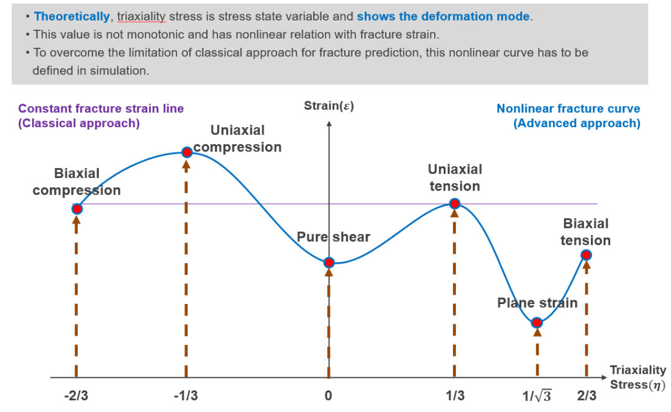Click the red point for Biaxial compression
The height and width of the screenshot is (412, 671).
[76, 208]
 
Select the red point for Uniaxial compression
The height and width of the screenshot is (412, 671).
[186, 152]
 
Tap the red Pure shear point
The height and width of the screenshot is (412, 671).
[329, 262]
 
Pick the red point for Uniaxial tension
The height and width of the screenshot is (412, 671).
[455, 204]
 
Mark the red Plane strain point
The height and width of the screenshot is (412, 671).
[537, 323]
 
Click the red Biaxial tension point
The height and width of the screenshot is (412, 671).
[586, 254]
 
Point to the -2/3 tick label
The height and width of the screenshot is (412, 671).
[76, 395]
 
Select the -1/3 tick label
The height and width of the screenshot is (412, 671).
[186, 395]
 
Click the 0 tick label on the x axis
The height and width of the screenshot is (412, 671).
[329, 395]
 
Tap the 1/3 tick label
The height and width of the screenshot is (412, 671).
[455, 395]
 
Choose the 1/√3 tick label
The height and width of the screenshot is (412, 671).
[537, 395]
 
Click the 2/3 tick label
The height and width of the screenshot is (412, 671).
[586, 395]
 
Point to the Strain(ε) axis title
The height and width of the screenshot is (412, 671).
[329, 105]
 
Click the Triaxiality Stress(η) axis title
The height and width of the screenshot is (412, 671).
[637, 377]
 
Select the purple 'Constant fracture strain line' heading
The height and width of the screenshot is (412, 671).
[101, 109]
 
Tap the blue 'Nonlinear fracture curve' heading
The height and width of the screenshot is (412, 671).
[568, 109]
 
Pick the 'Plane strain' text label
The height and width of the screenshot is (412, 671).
[537, 303]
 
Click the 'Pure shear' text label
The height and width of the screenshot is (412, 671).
[333, 237]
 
